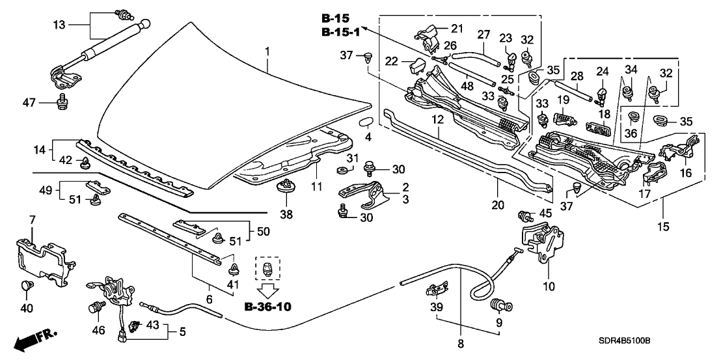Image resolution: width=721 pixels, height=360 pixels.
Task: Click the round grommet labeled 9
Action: [x=500, y=303]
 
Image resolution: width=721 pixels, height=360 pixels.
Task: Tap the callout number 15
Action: [x=663, y=227]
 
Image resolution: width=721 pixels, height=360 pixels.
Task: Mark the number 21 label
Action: [x=457, y=27]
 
